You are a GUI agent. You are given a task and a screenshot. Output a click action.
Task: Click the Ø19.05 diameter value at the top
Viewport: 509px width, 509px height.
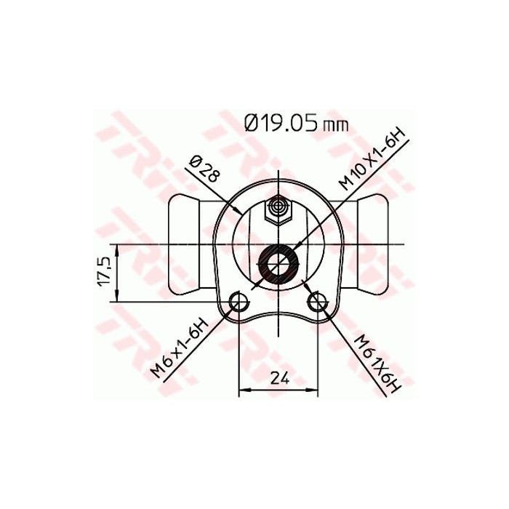click(284, 122)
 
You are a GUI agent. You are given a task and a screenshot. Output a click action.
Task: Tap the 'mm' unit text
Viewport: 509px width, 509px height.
click(335, 125)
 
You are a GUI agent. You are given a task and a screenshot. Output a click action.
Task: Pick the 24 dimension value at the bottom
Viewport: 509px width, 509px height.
click(279, 377)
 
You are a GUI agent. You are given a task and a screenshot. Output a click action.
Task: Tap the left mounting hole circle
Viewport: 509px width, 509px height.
click(238, 302)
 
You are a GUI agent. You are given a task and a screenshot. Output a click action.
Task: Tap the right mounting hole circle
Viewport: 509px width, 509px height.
click(318, 302)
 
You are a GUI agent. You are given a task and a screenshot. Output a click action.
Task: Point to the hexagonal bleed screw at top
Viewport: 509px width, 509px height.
click(278, 210)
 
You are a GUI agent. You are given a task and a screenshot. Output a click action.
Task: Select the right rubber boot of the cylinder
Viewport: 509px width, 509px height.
click(374, 243)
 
